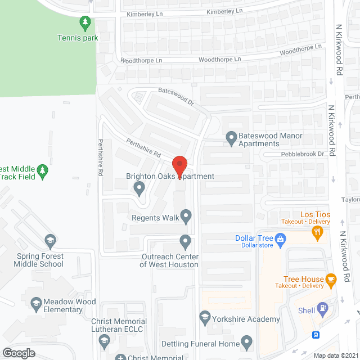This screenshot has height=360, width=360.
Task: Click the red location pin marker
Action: [x=179, y=166]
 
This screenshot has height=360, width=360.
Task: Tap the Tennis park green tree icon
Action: [x=85, y=23]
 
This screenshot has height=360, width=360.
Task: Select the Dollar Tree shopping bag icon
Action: [x=281, y=238]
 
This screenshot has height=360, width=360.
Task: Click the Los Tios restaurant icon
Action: [x=318, y=231]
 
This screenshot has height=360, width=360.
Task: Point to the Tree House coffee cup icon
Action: [x=331, y=278]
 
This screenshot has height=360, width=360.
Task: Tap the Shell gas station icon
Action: [x=322, y=308]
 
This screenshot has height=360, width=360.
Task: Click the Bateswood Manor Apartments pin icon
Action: [x=231, y=137]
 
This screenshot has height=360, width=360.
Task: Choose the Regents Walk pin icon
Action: [x=186, y=215]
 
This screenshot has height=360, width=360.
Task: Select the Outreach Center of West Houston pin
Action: [x=185, y=242]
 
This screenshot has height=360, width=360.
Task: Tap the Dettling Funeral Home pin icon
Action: [x=246, y=341]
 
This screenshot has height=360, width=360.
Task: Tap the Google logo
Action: [x=18, y=353]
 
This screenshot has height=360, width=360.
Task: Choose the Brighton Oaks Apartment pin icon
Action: [x=139, y=188]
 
